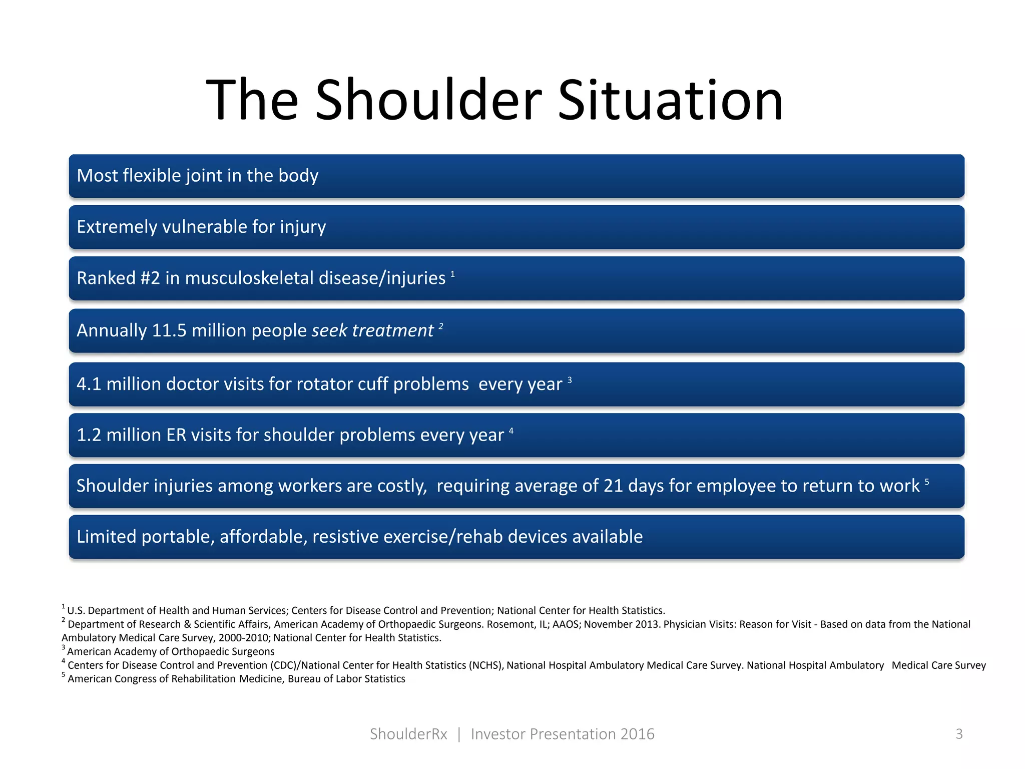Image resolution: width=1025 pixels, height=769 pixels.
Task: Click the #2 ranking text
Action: pyautogui.click(x=150, y=278)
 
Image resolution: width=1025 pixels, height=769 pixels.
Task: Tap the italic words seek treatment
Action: pyautogui.click(x=372, y=330)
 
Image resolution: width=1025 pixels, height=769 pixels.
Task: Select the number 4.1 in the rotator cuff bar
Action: pyautogui.click(x=89, y=384)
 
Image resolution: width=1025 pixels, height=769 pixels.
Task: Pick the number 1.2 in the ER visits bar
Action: pyautogui.click(x=89, y=435)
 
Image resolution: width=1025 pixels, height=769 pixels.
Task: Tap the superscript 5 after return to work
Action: pyautogui.click(x=926, y=482)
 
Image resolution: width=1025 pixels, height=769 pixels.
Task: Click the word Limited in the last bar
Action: pyautogui.click(x=106, y=537)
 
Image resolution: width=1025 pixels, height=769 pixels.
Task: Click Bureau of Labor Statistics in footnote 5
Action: pyautogui.click(x=346, y=679)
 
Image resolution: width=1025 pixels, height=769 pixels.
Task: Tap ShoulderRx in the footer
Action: pyautogui.click(x=408, y=734)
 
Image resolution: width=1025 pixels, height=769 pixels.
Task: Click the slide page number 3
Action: pyautogui.click(x=959, y=734)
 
